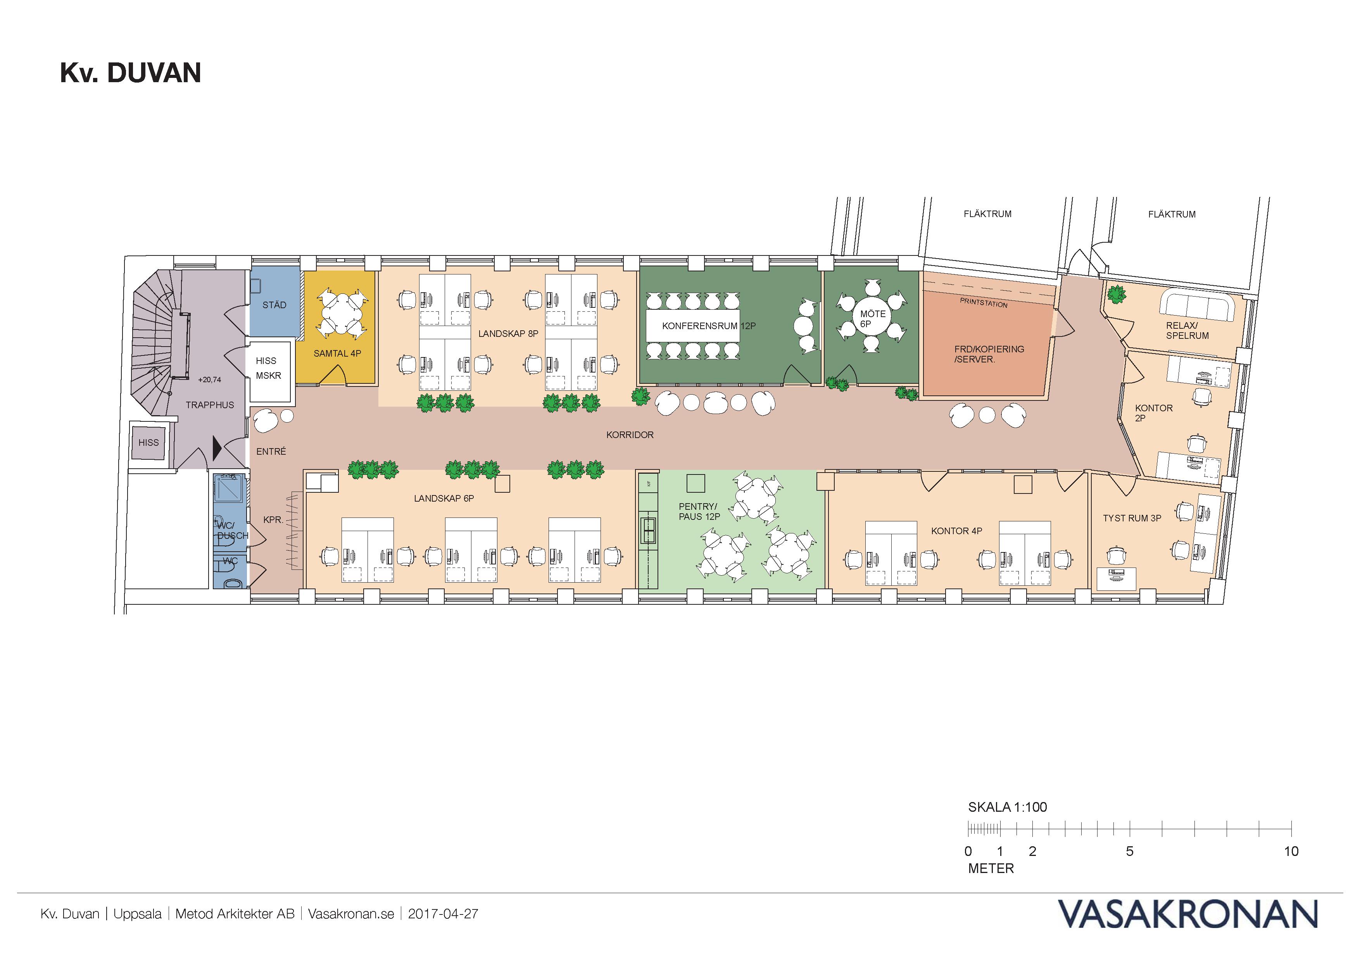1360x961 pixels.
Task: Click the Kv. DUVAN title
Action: pos(130,73)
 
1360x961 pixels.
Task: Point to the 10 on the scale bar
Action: pos(1291,851)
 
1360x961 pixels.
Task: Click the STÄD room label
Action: pos(274,305)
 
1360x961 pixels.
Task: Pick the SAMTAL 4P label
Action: pos(337,354)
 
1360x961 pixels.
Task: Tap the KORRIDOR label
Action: pos(630,435)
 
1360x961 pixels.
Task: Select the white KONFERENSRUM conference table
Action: pos(693,326)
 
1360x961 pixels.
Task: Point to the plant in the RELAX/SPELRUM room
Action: pos(1117,294)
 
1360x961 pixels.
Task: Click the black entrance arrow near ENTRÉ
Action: pos(217,449)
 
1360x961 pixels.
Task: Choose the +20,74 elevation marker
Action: pos(210,380)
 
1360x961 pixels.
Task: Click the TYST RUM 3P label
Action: pos(1132,518)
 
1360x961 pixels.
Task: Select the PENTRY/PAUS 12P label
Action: pos(699,512)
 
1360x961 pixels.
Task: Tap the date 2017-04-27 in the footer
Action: pos(443,914)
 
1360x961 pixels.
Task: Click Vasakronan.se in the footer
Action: pos(351,914)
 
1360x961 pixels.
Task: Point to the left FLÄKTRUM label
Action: pos(987,214)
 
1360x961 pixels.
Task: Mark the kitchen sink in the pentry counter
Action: pos(649,530)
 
